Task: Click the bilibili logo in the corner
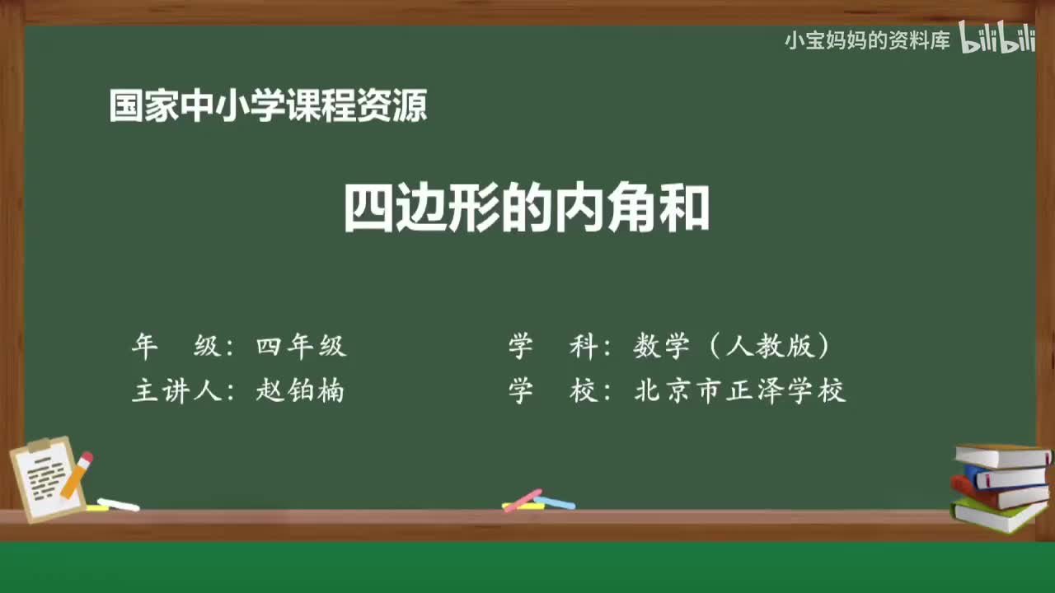click(x=997, y=39)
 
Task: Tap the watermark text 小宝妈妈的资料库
click(x=867, y=40)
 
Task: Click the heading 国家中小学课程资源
click(x=268, y=106)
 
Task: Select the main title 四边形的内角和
click(x=527, y=210)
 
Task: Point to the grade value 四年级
click(x=301, y=347)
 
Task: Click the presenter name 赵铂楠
click(x=300, y=390)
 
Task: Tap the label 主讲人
click(x=177, y=390)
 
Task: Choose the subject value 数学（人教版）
click(x=731, y=347)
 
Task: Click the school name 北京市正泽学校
click(x=739, y=390)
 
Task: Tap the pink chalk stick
click(x=522, y=500)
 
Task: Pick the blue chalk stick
click(x=556, y=502)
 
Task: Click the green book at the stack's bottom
click(x=997, y=516)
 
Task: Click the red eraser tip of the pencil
click(x=87, y=456)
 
